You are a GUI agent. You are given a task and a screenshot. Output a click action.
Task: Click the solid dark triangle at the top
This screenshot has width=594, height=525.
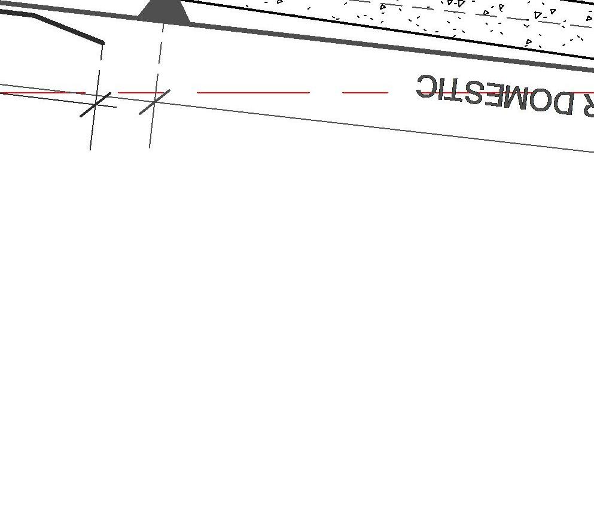click(165, 13)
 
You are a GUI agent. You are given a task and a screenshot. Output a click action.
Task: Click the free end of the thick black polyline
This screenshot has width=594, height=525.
click(102, 43)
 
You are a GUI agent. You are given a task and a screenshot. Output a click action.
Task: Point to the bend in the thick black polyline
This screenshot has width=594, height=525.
click(35, 16)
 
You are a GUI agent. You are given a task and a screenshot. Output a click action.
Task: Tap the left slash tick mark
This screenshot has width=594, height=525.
click(96, 105)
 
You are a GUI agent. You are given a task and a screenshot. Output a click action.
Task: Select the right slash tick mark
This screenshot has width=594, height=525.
click(154, 102)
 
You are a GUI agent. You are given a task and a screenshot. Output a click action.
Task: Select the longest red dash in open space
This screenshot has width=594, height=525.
click(253, 93)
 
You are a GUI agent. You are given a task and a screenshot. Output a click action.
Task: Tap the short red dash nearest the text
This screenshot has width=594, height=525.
click(365, 93)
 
